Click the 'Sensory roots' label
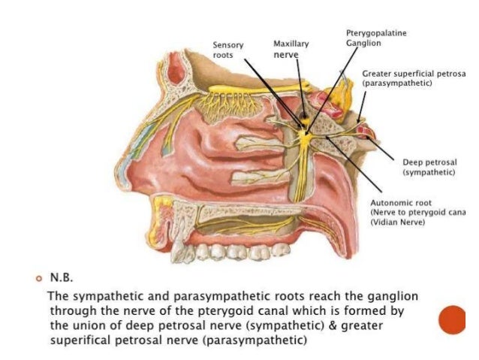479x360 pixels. (228, 50)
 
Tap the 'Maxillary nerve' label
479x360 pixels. (291, 50)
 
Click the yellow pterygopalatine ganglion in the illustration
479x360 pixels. (304, 135)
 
